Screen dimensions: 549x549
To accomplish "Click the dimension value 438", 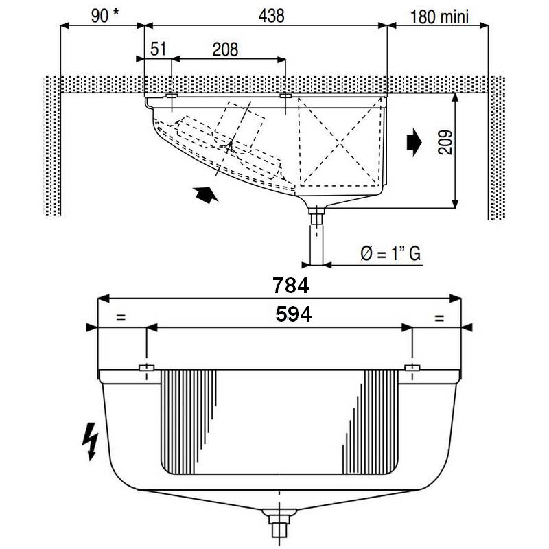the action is tap(271, 16).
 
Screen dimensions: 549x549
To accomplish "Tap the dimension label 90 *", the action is tap(105, 16).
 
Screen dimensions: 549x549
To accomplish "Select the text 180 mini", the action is tap(439, 17).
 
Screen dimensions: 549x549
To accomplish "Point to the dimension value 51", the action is tap(159, 49).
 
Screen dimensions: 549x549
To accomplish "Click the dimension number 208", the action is tap(225, 49).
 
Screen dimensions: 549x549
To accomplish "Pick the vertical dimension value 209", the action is tap(445, 143).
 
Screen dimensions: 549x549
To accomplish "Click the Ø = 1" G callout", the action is tap(390, 253).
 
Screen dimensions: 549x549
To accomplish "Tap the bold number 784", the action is tap(290, 285).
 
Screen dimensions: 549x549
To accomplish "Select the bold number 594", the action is tap(294, 314).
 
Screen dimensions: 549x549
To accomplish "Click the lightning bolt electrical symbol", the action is tap(91, 441).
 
